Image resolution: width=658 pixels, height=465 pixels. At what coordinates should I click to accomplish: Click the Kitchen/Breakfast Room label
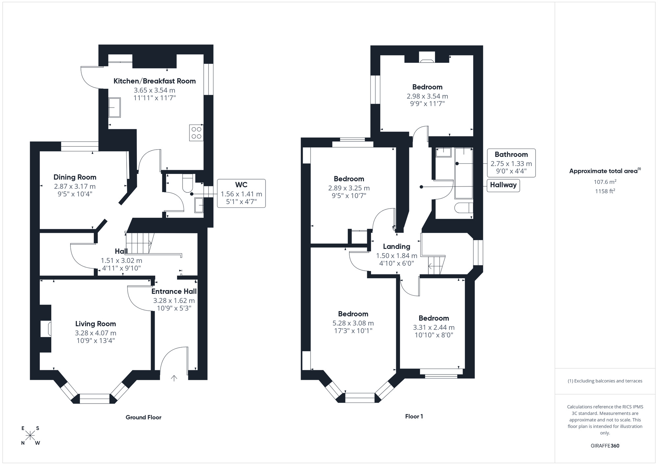pos(154,81)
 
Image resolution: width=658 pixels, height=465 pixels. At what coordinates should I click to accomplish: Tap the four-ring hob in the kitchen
pos(196,133)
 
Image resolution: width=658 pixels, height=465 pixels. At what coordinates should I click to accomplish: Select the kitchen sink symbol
pos(114,107)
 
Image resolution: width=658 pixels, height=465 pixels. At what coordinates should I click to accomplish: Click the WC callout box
pos(241,193)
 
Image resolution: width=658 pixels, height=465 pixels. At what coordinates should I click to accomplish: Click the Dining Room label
pos(75,177)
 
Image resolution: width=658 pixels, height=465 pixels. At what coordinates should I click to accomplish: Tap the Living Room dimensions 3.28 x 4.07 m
pos(95,333)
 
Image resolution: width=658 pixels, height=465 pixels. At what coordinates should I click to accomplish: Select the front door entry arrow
pos(174,378)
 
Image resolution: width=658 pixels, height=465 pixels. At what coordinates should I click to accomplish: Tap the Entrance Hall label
pos(174,291)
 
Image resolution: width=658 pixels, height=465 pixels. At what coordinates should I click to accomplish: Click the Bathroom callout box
pos(511,163)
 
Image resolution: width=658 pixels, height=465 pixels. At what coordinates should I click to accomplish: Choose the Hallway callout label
pos(503,185)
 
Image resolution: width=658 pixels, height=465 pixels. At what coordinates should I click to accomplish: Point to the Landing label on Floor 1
pos(396,246)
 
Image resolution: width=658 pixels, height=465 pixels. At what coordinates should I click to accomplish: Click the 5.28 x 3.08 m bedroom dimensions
pos(353,323)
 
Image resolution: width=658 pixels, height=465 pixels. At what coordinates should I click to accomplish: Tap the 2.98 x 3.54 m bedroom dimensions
pos(427,96)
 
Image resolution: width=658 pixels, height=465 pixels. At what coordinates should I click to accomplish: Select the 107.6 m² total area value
pos(605,182)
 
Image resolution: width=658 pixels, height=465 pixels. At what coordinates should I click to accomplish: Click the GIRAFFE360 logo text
pos(605,446)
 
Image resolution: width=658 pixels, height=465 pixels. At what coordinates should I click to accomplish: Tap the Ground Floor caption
pos(143,417)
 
